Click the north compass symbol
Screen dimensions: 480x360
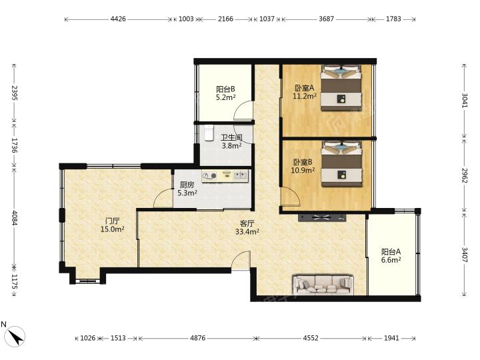point(15,337)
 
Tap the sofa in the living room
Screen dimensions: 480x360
point(323,285)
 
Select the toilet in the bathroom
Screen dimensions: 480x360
point(209,133)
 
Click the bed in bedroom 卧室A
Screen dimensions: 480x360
point(341,87)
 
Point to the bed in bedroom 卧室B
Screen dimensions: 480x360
point(341,163)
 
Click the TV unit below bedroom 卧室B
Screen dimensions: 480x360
point(322,217)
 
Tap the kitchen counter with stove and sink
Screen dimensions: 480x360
point(225,176)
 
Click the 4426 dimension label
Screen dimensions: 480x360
point(118,19)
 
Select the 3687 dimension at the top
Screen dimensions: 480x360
point(326,19)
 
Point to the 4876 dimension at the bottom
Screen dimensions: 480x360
point(198,338)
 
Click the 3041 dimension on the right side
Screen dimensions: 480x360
point(465,100)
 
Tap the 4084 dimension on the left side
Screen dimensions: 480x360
point(15,217)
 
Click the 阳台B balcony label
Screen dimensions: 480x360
point(225,89)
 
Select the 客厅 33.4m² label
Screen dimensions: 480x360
point(247,228)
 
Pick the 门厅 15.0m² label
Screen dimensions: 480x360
point(113,225)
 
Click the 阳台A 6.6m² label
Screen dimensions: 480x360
point(391,256)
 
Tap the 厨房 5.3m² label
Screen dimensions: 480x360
point(187,189)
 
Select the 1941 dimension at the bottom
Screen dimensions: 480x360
point(391,338)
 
